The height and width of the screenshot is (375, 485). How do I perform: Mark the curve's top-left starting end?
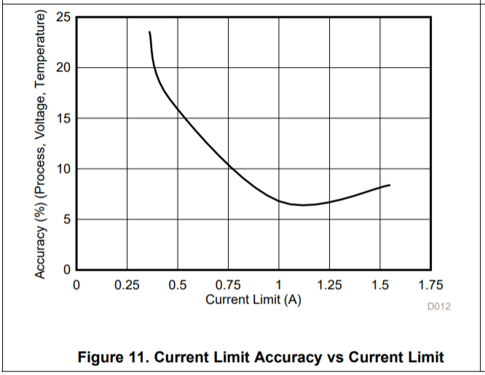point(150,32)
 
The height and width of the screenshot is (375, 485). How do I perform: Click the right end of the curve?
point(390,185)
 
